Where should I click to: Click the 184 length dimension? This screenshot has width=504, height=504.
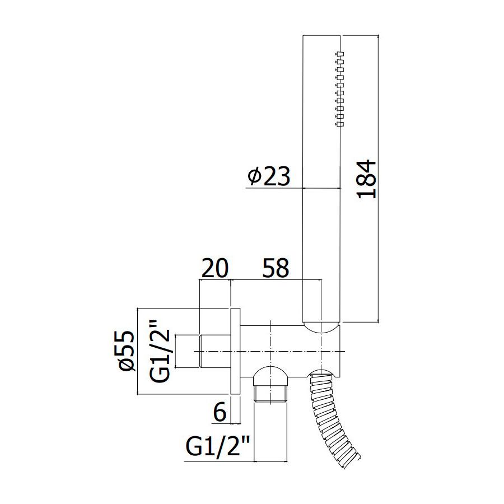click(367, 179)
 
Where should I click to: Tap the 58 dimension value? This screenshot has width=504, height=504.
click(276, 268)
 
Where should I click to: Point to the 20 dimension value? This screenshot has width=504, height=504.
click(214, 268)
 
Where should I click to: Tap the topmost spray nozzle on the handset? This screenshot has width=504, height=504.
click(340, 53)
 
